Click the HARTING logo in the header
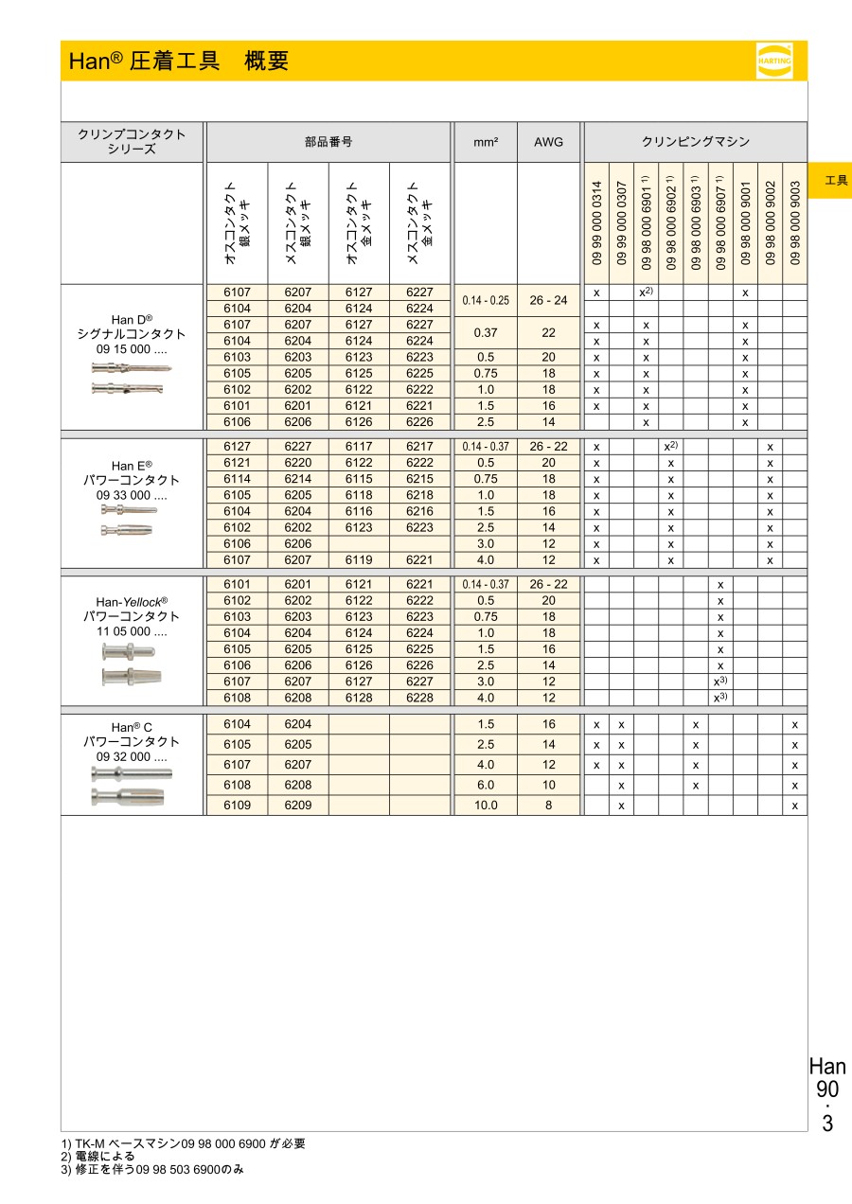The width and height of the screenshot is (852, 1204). [773, 60]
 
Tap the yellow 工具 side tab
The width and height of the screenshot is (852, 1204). [836, 180]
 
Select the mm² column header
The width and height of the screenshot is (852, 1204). [485, 142]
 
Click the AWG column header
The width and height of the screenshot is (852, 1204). [548, 142]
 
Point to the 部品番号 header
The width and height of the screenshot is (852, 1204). [328, 142]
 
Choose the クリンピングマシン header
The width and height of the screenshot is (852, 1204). [696, 142]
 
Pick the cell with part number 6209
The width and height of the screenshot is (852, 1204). [298, 806]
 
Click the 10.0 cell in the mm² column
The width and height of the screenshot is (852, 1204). [485, 806]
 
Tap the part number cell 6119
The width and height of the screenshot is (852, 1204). [359, 559]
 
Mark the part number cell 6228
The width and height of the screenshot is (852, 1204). [419, 698]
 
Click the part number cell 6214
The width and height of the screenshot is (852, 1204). [298, 479]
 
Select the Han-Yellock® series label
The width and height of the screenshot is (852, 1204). [132, 601]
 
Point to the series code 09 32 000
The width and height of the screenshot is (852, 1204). [132, 758]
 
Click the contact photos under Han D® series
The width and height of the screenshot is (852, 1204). [132, 378]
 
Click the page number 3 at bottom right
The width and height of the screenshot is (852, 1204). [827, 1124]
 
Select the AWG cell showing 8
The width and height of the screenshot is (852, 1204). [548, 806]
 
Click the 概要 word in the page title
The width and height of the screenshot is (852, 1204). [266, 62]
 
